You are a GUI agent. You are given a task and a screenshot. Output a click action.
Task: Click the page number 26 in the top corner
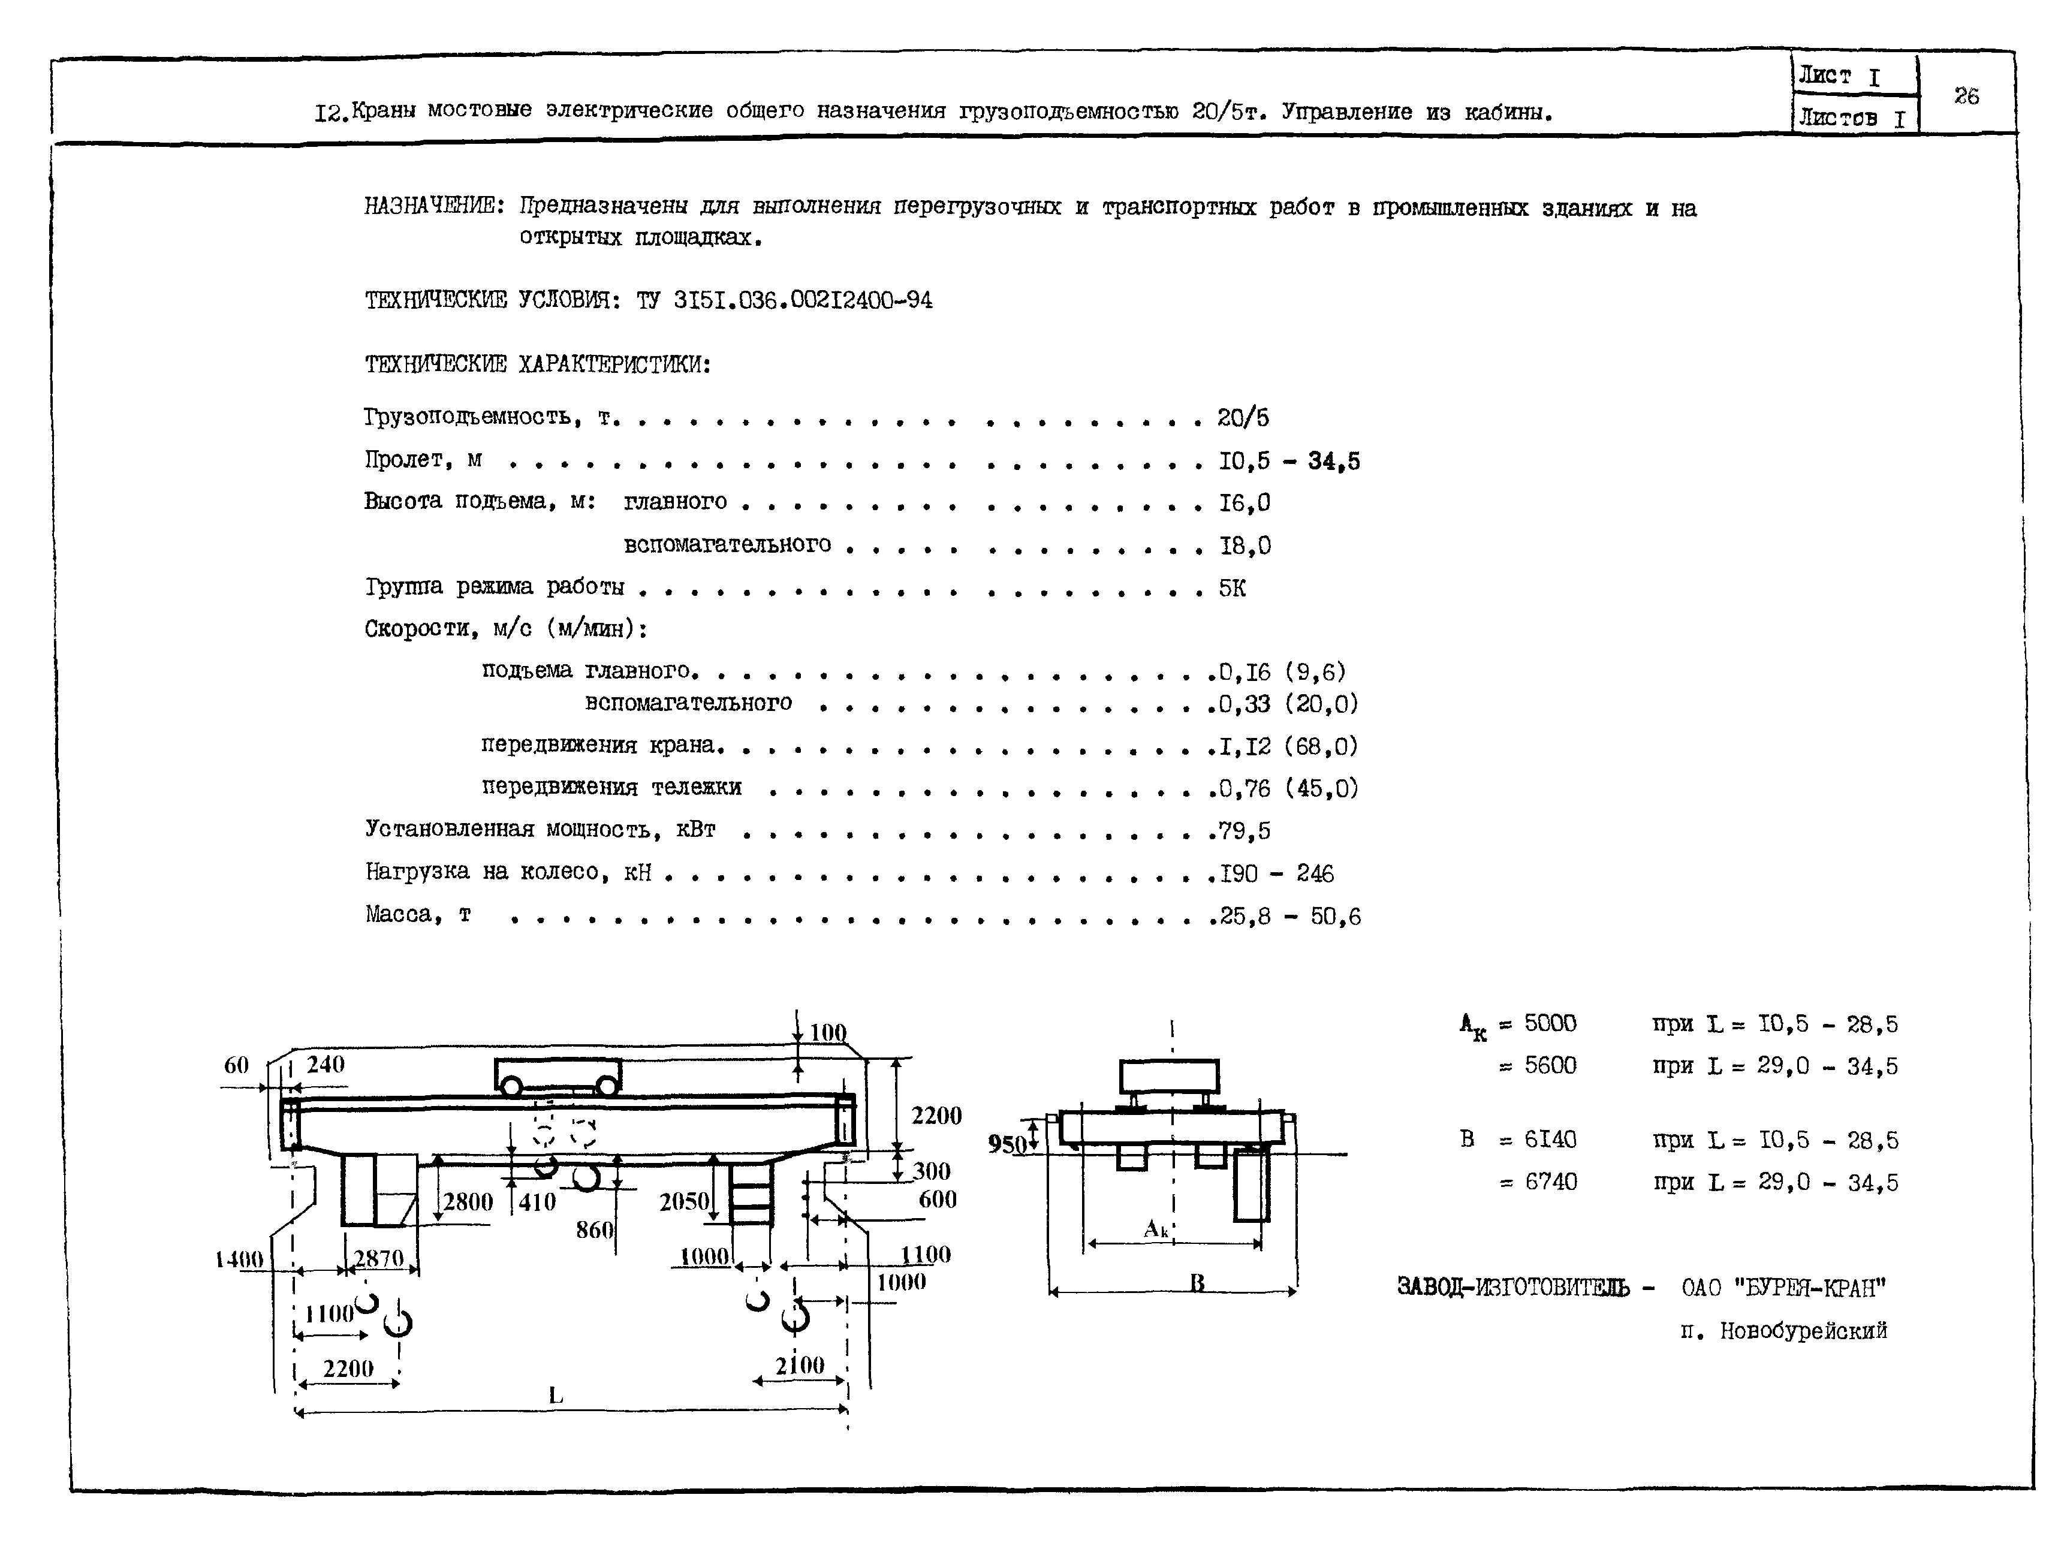[x=1966, y=95]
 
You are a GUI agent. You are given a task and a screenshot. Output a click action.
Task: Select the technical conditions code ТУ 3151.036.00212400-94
[x=784, y=300]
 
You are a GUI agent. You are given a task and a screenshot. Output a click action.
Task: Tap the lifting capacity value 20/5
[x=1243, y=418]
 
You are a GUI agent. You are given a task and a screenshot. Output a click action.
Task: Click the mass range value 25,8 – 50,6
[x=1289, y=916]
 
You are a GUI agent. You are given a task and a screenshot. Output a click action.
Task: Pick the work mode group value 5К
[x=1232, y=588]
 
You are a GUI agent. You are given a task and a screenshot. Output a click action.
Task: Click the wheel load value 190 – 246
[x=1276, y=873]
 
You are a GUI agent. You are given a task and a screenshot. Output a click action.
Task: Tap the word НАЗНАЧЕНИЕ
[x=432, y=206]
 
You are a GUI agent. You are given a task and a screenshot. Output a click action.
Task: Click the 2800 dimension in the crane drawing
[x=468, y=1202]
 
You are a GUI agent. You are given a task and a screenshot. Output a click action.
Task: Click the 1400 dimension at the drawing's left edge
[x=239, y=1259]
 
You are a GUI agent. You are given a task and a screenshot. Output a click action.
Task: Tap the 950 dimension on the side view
[x=1007, y=1143]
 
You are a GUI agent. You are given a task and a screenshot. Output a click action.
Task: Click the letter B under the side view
[x=1198, y=1283]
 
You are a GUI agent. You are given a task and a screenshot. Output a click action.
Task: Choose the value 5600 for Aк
[x=1550, y=1066]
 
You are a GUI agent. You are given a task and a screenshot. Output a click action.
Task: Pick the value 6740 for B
[x=1551, y=1182]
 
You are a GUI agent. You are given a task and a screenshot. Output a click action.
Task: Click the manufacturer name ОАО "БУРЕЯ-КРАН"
[x=1783, y=1288]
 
